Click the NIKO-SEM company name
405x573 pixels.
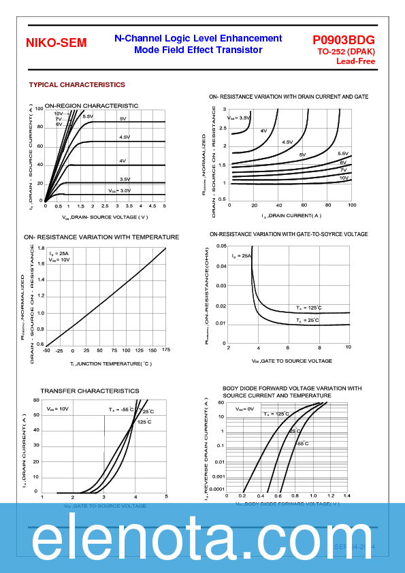56,43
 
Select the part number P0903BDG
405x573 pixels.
344,40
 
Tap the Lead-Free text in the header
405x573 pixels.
355,61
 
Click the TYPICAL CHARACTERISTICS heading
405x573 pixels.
77,85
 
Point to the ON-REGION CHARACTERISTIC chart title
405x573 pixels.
91,105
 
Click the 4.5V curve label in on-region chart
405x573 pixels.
124,137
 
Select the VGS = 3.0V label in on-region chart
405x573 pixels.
119,191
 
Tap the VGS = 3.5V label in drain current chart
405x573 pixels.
239,118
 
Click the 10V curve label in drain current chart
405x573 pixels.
344,178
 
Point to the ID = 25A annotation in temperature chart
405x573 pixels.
59,253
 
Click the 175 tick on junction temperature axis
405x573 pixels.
166,350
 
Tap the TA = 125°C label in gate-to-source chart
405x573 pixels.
308,308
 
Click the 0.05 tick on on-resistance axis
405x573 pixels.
221,246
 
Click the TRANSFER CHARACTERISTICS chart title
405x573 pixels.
89,391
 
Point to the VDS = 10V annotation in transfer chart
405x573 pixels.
58,409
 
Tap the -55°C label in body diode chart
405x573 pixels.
302,443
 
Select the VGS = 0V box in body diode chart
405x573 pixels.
244,409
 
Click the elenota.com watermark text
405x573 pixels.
202,541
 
